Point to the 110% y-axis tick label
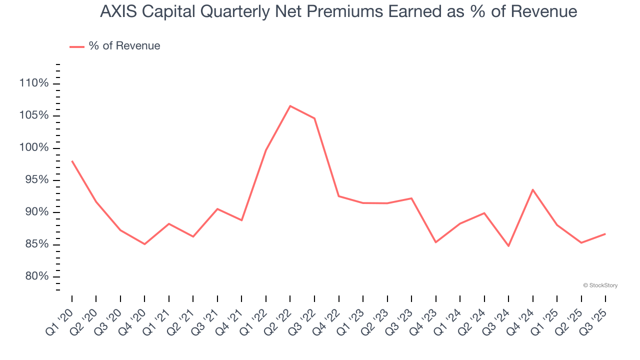click(34, 83)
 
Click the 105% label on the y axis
click(34, 115)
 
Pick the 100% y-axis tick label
click(34, 148)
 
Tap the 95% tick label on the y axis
click(36, 180)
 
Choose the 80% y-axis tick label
click(36, 277)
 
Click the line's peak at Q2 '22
click(290, 106)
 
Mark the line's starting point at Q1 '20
click(72, 161)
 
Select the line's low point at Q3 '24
click(508, 246)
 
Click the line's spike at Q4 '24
click(532, 189)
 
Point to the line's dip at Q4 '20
click(144, 244)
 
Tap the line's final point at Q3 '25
click(605, 234)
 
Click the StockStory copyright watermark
click(600, 285)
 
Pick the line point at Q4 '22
click(338, 196)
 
